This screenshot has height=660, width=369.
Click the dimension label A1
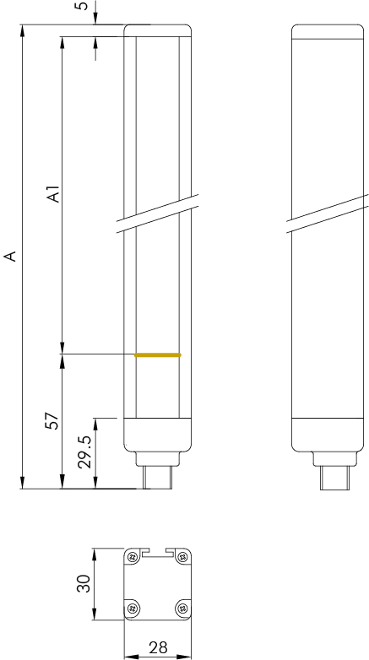(x=52, y=195)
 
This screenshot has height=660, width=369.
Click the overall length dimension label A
(x=10, y=256)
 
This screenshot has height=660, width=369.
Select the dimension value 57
(x=52, y=421)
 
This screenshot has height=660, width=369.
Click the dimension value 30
(x=84, y=583)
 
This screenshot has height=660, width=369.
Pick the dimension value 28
(x=158, y=647)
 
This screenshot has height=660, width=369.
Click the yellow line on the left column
(x=157, y=355)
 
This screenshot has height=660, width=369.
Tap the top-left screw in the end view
(x=133, y=557)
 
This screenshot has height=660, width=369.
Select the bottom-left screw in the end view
(x=133, y=608)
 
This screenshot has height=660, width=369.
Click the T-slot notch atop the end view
(x=158, y=553)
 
